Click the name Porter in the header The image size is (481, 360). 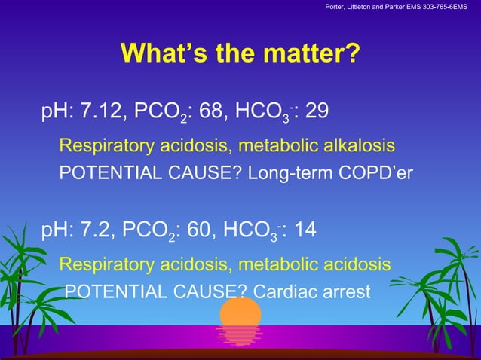tap(337, 8)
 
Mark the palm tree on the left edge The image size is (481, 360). tap(18, 279)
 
